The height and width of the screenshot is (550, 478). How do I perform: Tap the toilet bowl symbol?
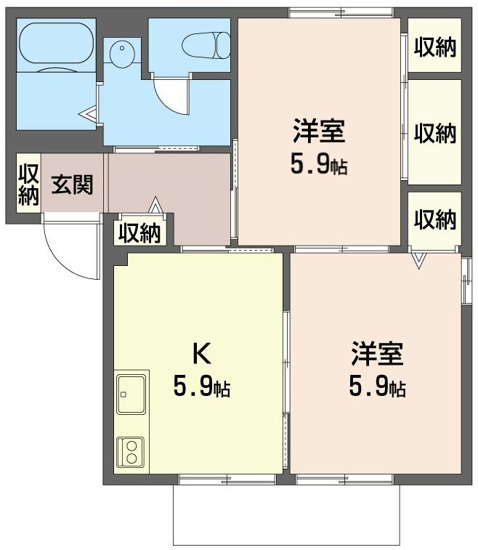pos(206,46)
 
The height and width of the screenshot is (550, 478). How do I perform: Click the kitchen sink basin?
pos(131,394)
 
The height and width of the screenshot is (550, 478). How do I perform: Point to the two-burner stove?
pos(130,453)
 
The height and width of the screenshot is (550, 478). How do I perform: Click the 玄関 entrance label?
pos(72,184)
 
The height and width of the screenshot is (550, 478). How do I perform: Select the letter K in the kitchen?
pos(202,353)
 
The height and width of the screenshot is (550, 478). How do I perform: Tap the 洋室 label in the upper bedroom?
pos(319,131)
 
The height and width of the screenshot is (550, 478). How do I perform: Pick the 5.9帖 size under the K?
pos(202,387)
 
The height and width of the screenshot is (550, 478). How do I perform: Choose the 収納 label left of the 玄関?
pos(28,185)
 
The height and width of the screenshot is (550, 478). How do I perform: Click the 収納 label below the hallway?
pos(139,233)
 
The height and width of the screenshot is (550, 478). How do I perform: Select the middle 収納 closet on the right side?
pos(435,133)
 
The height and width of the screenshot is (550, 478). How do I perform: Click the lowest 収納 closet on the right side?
pos(435,219)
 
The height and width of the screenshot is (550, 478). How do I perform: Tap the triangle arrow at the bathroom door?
pos(87,113)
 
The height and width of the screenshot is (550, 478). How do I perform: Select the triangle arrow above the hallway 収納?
pos(155,205)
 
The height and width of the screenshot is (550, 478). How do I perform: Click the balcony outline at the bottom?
pos(287,515)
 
